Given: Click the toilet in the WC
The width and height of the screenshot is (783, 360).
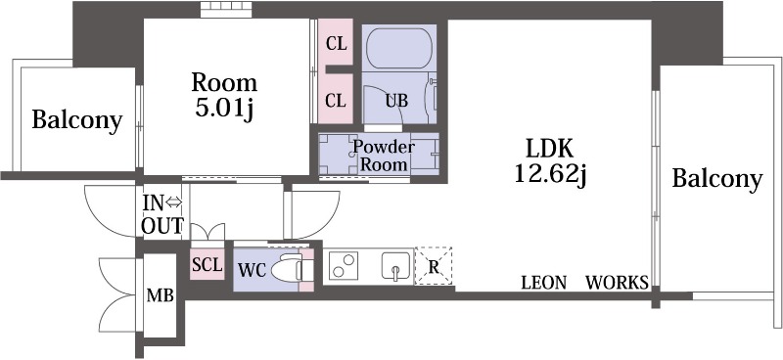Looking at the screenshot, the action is (287, 270).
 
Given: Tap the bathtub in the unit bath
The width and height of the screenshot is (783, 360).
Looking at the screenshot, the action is (398, 48).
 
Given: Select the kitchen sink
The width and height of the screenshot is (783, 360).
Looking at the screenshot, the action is (396, 266).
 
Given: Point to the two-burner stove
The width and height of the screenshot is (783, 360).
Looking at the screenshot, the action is (344, 265).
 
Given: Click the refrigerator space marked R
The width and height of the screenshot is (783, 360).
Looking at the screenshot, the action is (434, 266).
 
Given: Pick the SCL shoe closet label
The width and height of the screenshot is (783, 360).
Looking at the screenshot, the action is (207, 265).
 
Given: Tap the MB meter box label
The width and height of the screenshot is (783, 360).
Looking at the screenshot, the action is (160, 295).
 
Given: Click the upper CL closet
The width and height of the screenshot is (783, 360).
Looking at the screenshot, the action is (336, 42).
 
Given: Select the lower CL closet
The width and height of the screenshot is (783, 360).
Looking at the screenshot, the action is (336, 99).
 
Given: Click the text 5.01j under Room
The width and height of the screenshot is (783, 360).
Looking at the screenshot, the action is (225, 109).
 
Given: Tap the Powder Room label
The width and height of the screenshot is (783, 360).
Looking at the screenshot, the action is (384, 156).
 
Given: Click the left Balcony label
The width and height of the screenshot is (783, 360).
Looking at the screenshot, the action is (77, 120).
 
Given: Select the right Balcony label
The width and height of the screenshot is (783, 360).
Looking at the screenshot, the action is (717, 179).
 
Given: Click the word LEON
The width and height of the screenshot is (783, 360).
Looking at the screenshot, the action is (544, 283).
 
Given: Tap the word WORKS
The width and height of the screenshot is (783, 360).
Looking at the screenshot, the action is (617, 283).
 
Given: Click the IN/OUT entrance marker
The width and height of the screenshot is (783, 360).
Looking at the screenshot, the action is (162, 214).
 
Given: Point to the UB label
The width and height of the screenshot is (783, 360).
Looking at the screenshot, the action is (396, 101).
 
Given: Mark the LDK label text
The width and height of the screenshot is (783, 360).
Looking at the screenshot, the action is (550, 148).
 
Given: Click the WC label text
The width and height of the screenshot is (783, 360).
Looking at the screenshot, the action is (253, 270).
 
